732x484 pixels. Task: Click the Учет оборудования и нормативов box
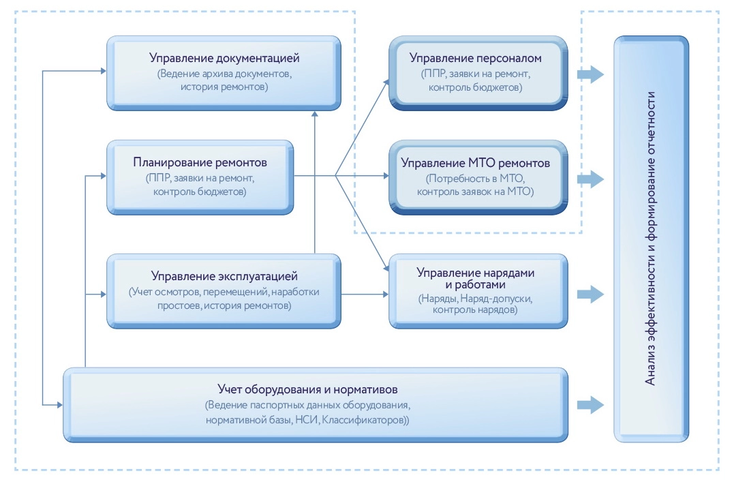pyautogui.click(x=315, y=404)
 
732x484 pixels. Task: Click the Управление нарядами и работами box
pyautogui.click(x=476, y=291)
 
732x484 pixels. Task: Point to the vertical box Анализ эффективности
pyautogui.click(x=651, y=239)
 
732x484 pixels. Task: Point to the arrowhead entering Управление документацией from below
pyautogui.click(x=314, y=115)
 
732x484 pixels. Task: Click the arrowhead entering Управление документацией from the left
pyautogui.click(x=103, y=70)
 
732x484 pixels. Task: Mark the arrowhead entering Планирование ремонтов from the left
pyautogui.click(x=103, y=177)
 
